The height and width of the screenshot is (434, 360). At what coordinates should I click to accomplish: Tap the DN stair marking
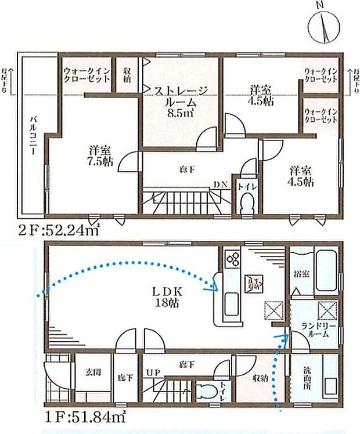[x=219, y=184]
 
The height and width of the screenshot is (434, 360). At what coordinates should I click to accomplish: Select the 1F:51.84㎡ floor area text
[x=84, y=416]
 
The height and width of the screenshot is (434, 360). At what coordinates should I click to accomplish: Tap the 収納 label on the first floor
[x=260, y=377]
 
